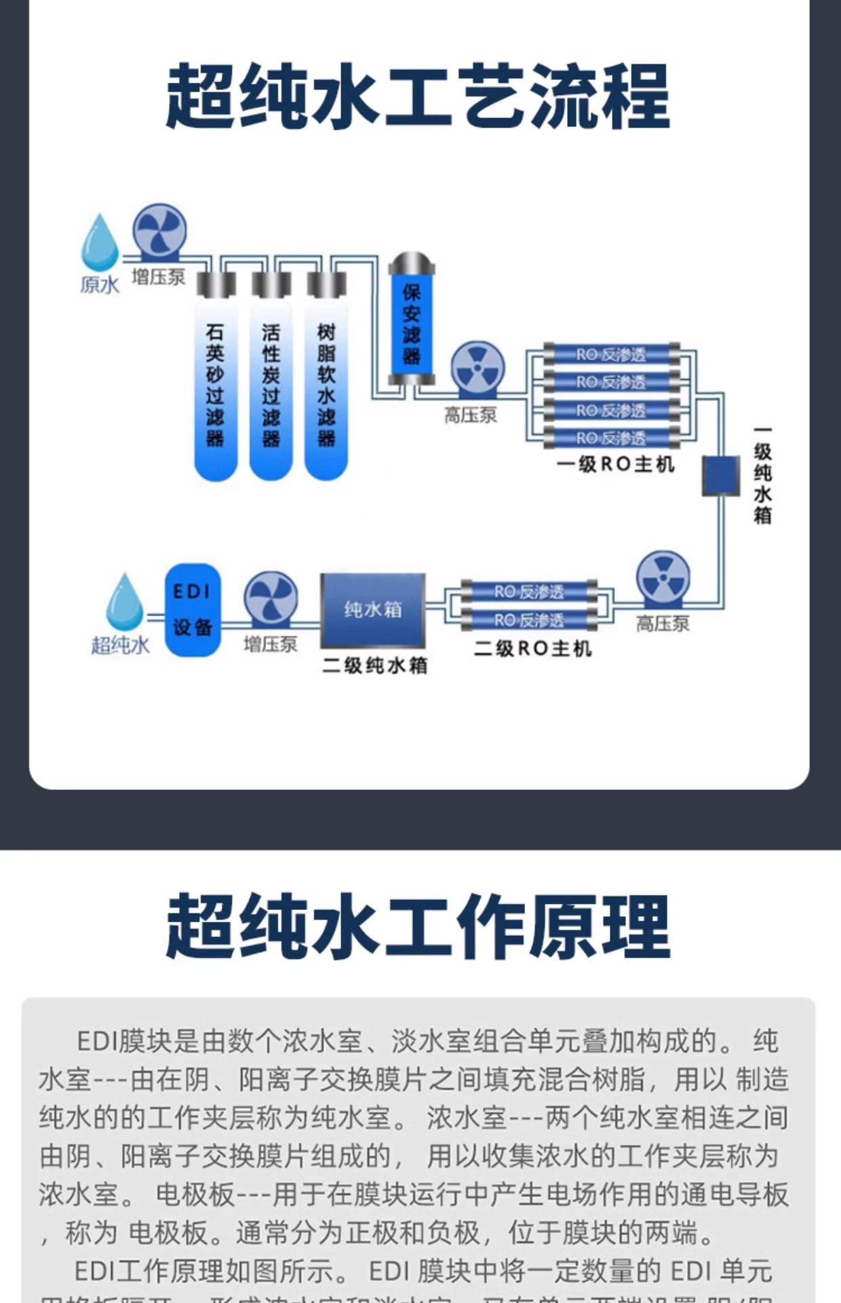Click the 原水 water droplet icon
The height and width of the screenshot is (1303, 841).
pos(100,242)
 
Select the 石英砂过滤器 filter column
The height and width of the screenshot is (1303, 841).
pos(216,387)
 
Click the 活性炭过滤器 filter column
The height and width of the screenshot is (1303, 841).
pos(271,387)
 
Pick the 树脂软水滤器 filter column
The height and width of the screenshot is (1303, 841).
pos(326,387)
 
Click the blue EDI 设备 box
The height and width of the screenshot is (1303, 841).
pos(193,609)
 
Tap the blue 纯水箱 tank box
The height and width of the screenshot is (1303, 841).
pos(373,609)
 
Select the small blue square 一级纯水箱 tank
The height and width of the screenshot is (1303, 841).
pos(720,475)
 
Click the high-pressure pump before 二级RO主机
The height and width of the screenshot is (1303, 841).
pos(663,579)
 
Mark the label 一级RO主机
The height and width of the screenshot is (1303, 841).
pos(615,464)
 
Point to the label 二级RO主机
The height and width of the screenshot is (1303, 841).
pos(532,649)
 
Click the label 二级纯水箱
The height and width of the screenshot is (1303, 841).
pos(374,665)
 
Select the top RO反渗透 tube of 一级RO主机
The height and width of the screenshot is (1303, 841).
pos(611,354)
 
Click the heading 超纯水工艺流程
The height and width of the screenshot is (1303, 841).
pos(418,96)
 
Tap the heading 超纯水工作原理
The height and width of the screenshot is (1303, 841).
pos(418,926)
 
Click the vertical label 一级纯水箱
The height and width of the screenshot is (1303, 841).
pos(762,475)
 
